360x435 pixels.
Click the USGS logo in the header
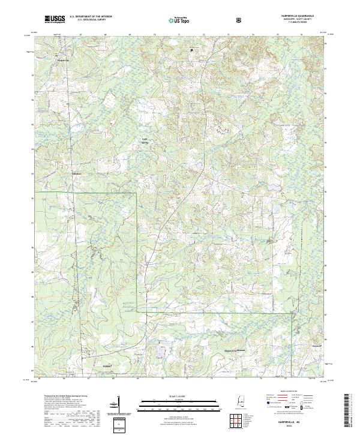click(x=55, y=20)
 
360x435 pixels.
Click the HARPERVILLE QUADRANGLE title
click(x=297, y=16)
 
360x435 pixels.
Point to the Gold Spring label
click(x=144, y=142)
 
